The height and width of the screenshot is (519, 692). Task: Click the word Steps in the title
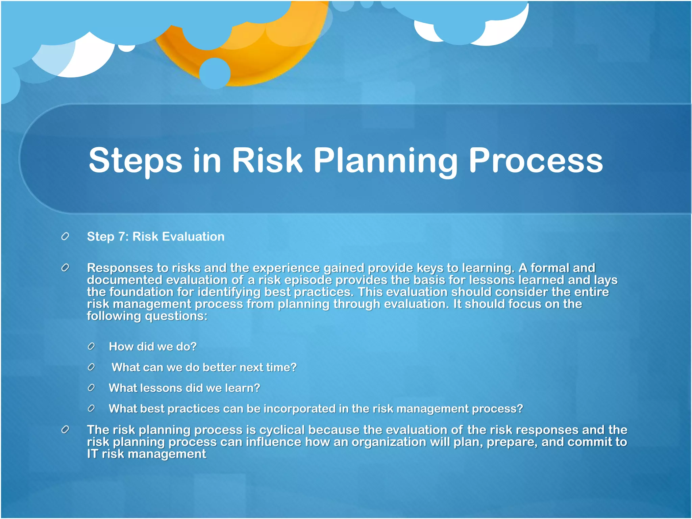135,160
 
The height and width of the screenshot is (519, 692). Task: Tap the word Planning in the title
385,160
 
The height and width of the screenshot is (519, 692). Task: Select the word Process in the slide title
536,160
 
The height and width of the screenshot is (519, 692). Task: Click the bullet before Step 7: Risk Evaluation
65,237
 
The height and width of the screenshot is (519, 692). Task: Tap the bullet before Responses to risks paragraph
65,268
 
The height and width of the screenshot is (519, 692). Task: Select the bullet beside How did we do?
91,346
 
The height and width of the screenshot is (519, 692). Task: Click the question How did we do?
152,346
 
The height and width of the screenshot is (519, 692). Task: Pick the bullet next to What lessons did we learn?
91,388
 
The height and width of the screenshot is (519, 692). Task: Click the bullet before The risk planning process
65,430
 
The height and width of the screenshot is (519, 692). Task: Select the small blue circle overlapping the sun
215,73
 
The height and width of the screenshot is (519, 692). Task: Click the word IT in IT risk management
92,454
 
